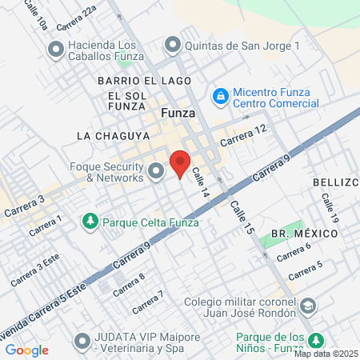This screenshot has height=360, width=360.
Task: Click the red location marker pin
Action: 181,162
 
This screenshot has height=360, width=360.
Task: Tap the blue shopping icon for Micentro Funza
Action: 220,95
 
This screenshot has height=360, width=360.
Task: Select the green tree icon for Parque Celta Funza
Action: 90,220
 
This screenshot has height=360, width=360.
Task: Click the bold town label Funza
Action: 178,113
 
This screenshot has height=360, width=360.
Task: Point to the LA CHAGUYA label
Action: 109,136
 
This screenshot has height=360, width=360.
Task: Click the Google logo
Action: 26,350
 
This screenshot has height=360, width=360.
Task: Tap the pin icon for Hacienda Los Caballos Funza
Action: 55,50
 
